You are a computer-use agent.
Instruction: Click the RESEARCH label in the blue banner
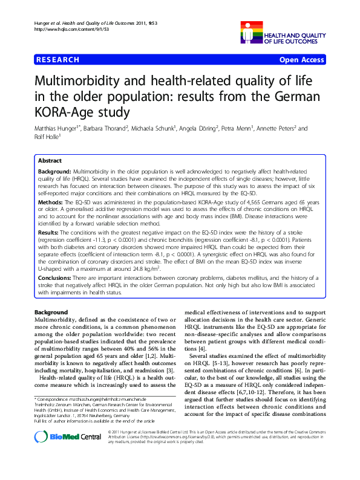pos(58,60)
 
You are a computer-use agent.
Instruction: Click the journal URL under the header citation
pos(65,29)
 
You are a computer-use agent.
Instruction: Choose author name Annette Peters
pos(280,129)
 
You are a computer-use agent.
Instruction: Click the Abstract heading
pos(50,161)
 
